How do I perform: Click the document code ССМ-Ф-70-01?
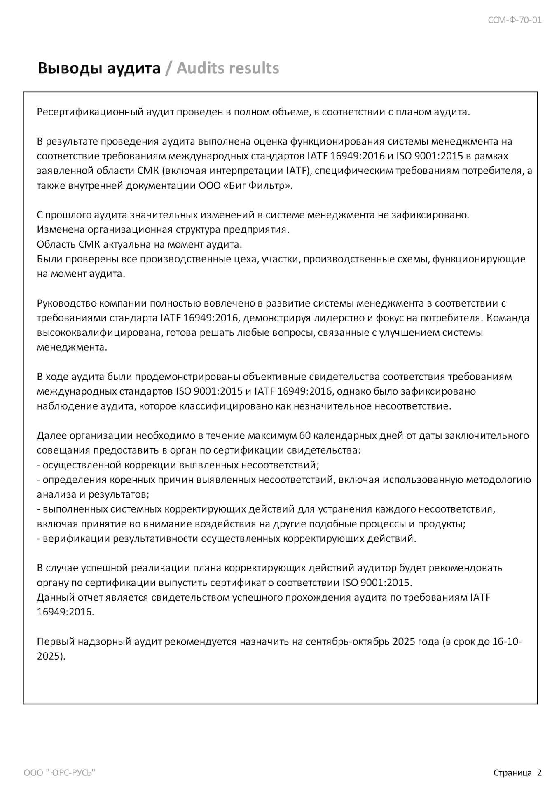click(x=515, y=20)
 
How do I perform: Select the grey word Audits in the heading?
click(x=200, y=68)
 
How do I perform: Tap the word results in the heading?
click(x=254, y=68)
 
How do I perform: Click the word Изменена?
click(x=61, y=230)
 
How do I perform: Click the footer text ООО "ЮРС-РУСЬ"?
click(x=59, y=773)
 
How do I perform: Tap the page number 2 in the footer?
click(x=539, y=773)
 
